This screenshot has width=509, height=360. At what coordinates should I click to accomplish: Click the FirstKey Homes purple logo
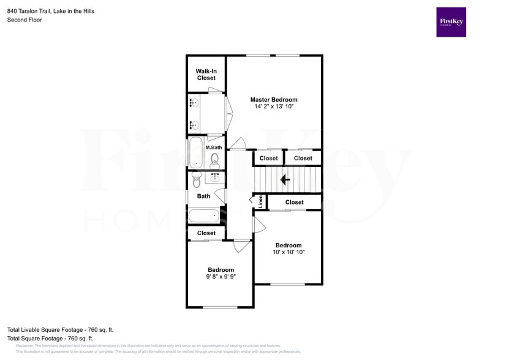(x=451, y=22)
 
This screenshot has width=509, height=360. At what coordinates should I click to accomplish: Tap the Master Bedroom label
(x=274, y=99)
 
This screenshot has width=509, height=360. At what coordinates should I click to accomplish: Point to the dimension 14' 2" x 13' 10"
(x=274, y=107)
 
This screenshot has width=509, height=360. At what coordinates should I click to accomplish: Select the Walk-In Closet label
(x=206, y=75)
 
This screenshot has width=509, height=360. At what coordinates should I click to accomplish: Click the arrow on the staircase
(x=285, y=180)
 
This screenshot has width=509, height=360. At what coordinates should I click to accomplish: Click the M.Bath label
(x=213, y=148)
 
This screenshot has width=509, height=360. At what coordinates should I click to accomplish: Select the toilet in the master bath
(x=214, y=160)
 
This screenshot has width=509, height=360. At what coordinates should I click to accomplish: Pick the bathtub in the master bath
(x=195, y=153)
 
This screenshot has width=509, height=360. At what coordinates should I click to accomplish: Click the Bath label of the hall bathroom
(x=203, y=196)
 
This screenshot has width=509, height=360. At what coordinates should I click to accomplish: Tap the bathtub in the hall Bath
(x=203, y=216)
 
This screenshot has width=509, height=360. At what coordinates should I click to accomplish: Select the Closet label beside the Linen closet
(x=294, y=202)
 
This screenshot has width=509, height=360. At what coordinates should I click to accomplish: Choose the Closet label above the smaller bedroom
(x=206, y=233)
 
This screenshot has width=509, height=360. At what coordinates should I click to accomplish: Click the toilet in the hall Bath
(x=197, y=181)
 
